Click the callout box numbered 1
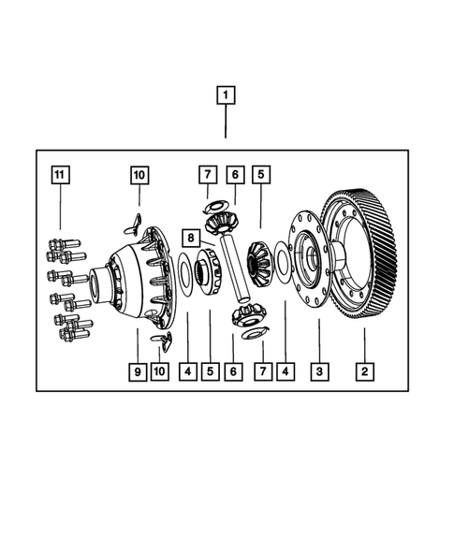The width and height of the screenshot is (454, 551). click(226, 94)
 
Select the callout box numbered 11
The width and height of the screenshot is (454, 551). click(60, 175)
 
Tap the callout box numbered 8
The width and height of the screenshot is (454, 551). click(189, 238)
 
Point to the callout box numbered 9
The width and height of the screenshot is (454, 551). click(138, 371)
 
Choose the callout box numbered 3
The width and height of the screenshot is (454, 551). click(320, 371)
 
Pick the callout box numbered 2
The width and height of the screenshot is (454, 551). click(364, 371)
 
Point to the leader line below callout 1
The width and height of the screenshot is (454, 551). click(226, 122)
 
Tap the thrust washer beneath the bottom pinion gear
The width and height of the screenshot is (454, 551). click(253, 333)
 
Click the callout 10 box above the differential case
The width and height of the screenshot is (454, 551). click(139, 175)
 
